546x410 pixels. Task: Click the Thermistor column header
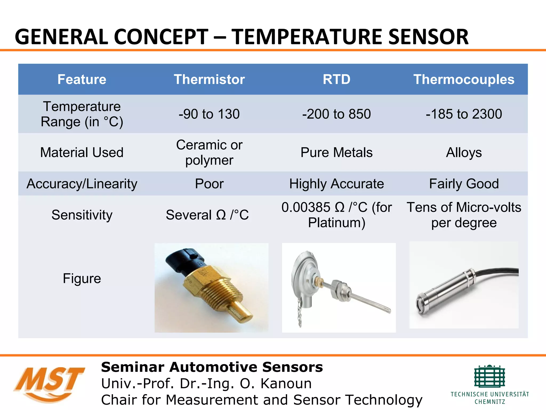(209, 79)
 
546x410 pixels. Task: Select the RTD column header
(336, 79)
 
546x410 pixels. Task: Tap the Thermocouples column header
(464, 79)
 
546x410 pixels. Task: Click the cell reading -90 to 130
(209, 114)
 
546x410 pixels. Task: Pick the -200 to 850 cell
(336, 114)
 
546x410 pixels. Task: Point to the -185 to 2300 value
(464, 114)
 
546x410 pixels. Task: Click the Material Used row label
(82, 152)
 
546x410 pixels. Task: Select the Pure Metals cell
(336, 152)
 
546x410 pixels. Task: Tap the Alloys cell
(464, 152)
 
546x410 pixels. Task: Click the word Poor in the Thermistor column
(209, 184)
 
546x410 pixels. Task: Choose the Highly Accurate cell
(336, 184)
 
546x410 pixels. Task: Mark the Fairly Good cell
(464, 184)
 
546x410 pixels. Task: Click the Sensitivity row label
(82, 215)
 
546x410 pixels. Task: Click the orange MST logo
(49, 383)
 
